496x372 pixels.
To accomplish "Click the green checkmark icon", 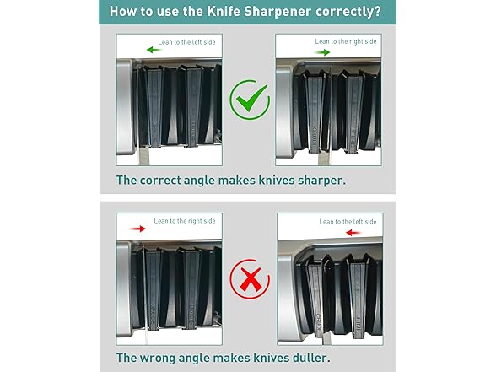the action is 250,100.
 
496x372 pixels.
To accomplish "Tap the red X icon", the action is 250,279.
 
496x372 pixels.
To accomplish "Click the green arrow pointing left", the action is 154,50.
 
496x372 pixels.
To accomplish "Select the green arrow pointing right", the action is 322,52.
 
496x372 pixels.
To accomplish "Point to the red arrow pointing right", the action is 138,229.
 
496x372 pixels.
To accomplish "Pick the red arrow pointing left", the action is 353,233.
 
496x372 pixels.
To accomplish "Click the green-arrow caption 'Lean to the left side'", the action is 186,42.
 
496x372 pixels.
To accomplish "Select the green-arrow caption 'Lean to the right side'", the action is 346,41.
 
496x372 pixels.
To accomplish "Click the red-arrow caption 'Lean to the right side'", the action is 185,221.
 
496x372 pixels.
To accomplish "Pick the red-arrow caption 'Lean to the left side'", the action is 348,221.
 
